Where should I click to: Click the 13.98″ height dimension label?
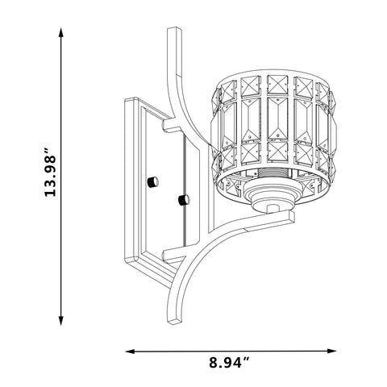50,172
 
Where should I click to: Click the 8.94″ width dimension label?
230,364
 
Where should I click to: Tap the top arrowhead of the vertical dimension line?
61,32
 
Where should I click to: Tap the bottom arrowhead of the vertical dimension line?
61,321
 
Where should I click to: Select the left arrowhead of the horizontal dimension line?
131,351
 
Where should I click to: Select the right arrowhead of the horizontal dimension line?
331,351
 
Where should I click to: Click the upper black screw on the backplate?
153,182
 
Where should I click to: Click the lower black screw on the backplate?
184,200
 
